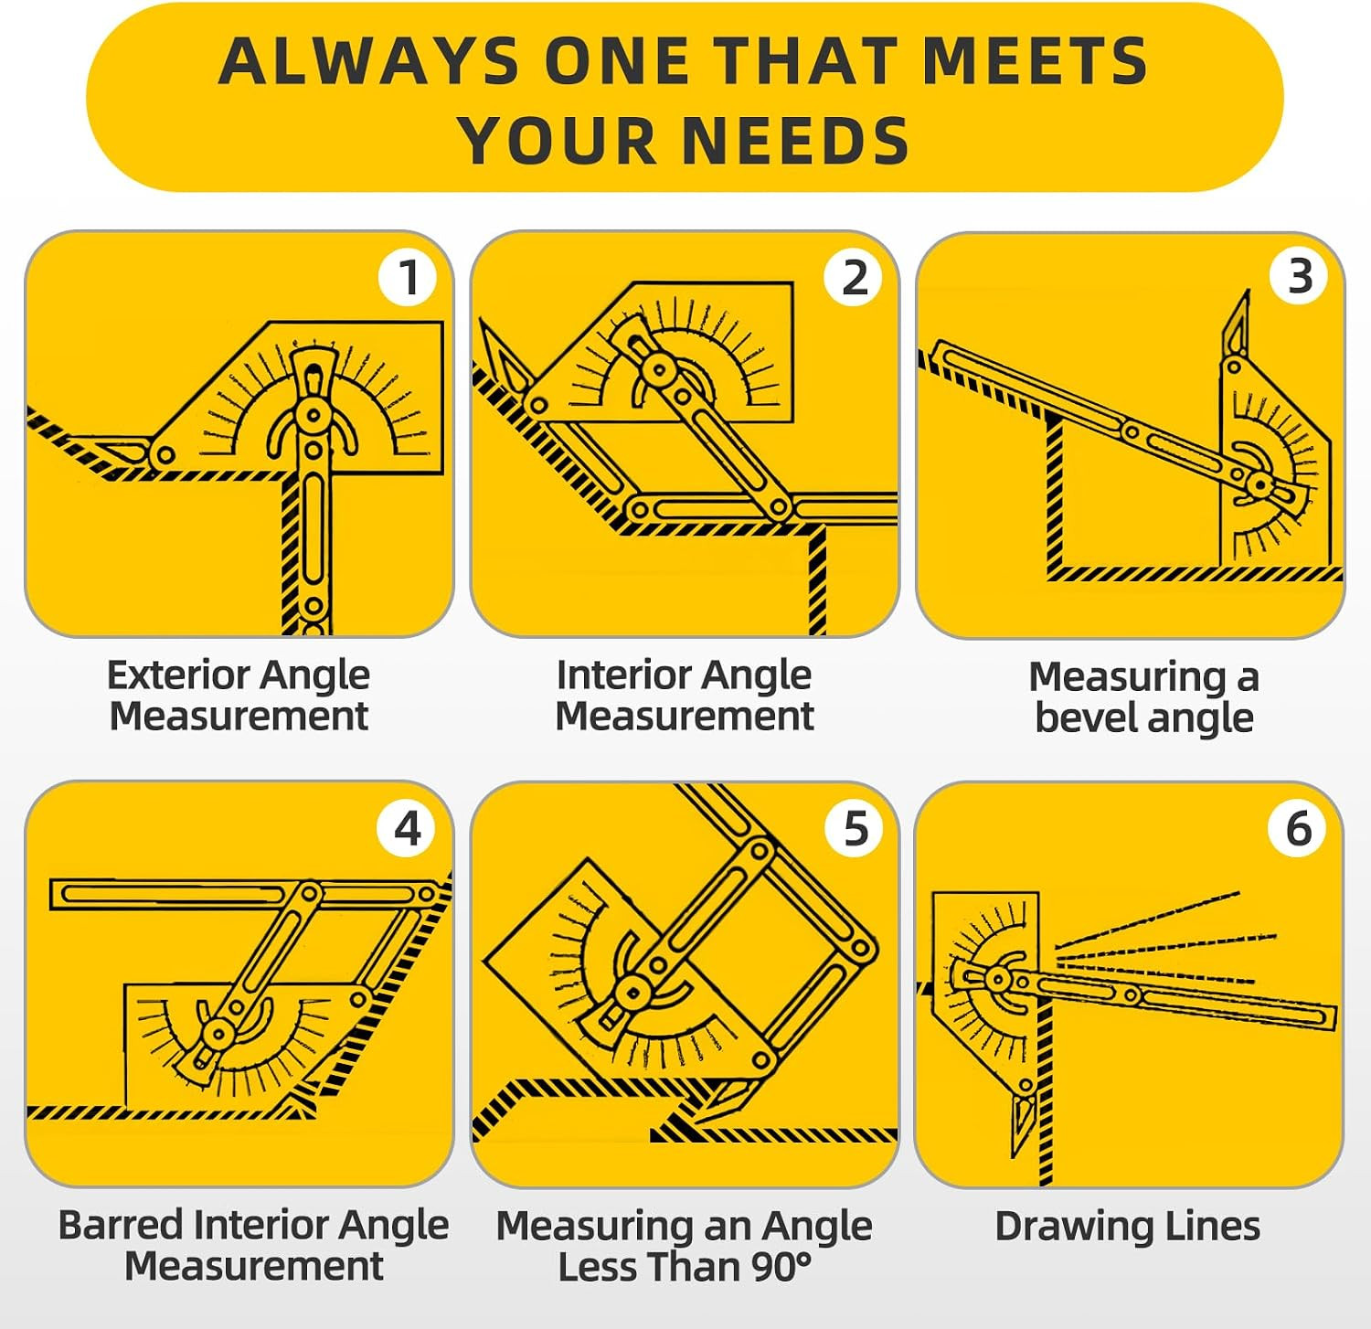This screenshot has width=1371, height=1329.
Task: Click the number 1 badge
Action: pyautogui.click(x=408, y=277)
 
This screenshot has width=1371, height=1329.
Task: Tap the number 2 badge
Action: pyautogui.click(x=854, y=277)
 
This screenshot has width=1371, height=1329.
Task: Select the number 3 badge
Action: pyautogui.click(x=1300, y=276)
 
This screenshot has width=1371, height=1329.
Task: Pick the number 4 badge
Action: pyautogui.click(x=407, y=828)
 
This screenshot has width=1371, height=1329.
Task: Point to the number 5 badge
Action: pyautogui.click(x=854, y=828)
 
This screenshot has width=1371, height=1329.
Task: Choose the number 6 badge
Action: pyautogui.click(x=1299, y=828)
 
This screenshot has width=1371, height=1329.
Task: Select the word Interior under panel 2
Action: pyautogui.click(x=619, y=675)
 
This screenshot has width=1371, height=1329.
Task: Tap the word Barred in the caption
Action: pyautogui.click(x=122, y=1225)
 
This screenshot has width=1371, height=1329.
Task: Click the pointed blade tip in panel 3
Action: pyautogui.click(x=1247, y=292)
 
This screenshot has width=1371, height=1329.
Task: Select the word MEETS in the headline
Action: pyautogui.click(x=1035, y=61)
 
